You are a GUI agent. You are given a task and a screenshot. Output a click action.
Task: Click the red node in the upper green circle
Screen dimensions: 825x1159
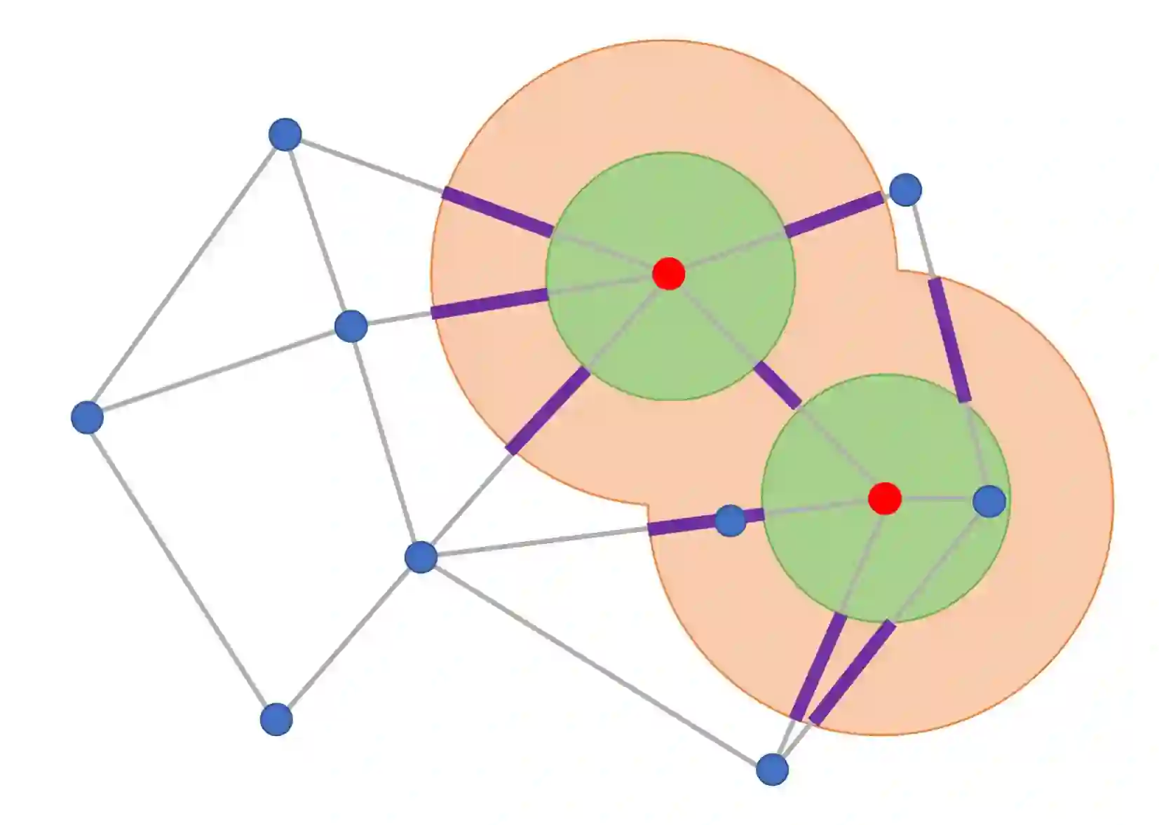pyautogui.click(x=668, y=273)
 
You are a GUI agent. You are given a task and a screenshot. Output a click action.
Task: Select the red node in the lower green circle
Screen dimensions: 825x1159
pyautogui.click(x=884, y=498)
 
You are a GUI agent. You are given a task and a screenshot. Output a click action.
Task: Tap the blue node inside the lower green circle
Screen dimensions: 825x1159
pyautogui.click(x=989, y=501)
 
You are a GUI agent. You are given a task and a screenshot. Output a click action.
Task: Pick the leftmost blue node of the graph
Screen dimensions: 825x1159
pyautogui.click(x=88, y=418)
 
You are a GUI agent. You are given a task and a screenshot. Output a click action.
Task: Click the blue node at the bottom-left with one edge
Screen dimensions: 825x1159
pyautogui.click(x=276, y=719)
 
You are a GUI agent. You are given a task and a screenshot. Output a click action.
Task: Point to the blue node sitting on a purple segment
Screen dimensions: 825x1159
pyautogui.click(x=730, y=521)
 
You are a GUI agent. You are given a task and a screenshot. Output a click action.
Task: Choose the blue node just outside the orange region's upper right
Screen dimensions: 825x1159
pyautogui.click(x=905, y=189)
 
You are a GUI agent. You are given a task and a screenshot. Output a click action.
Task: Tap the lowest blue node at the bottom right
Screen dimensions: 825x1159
pyautogui.click(x=772, y=770)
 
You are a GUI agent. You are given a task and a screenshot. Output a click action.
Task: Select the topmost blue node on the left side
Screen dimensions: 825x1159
pyautogui.click(x=285, y=134)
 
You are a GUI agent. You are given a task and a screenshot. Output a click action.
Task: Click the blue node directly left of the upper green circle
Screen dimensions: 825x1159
pyautogui.click(x=351, y=326)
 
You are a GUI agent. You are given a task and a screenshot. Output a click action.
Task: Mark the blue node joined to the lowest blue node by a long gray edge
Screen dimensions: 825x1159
pyautogui.click(x=421, y=557)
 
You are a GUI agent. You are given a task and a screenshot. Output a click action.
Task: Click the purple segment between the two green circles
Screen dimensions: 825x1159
pyautogui.click(x=778, y=385)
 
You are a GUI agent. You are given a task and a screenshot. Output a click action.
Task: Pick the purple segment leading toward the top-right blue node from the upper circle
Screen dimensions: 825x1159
pyautogui.click(x=834, y=215)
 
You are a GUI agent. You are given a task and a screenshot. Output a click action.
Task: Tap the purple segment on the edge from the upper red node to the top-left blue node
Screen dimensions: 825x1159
pyautogui.click(x=498, y=211)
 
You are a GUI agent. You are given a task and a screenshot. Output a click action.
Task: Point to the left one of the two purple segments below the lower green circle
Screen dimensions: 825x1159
pyautogui.click(x=818, y=667)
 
